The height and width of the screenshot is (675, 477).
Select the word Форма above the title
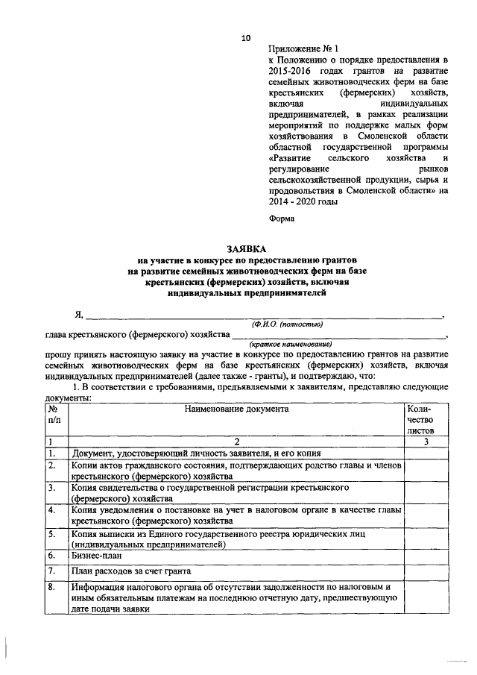coord(281,219)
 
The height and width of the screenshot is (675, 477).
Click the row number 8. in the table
coord(52,588)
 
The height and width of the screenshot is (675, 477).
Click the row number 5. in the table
coord(52,535)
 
